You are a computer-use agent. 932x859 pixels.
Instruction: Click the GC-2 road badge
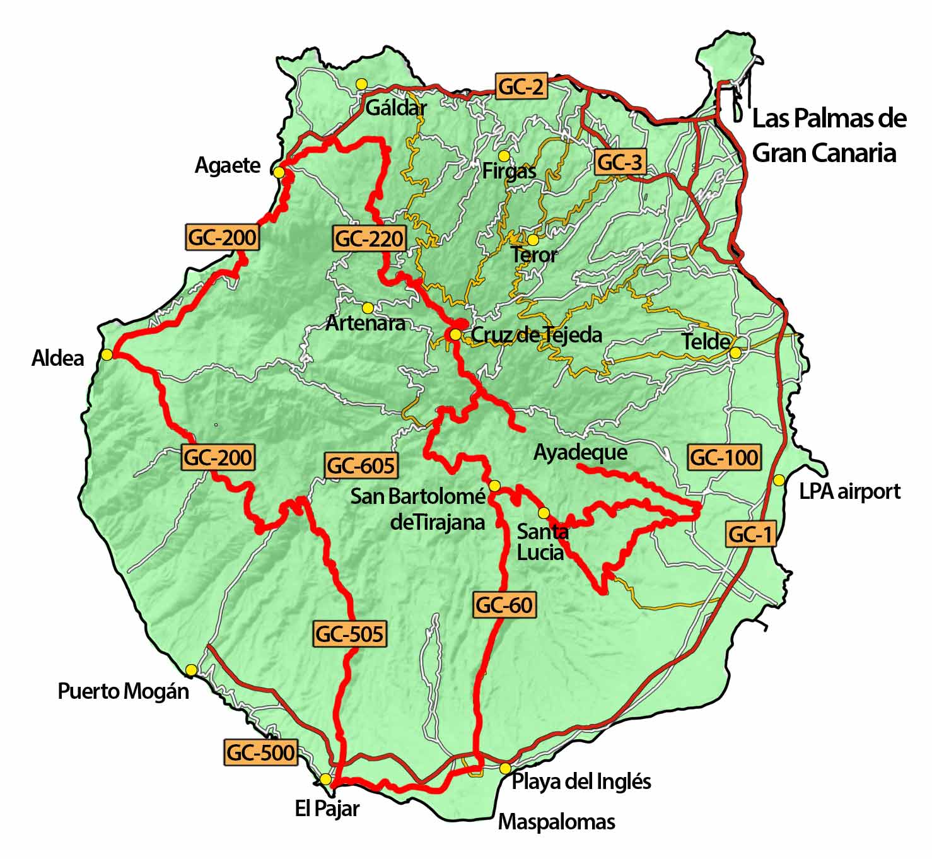pos(521,86)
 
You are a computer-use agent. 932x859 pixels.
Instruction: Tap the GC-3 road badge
pos(620,163)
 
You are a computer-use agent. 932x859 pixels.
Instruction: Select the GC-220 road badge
pos(369,239)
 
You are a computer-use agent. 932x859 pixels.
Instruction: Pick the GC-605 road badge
pos(361,466)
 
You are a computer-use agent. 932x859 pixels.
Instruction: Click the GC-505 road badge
pos(349,633)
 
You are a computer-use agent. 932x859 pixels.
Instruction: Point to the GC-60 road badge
pos(504,605)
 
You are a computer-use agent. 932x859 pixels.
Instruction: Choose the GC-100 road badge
pos(724,457)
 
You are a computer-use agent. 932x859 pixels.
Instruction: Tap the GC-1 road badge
pos(750,535)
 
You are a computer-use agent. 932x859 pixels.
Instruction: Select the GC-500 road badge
pos(260,752)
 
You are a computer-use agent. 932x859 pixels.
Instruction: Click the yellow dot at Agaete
pos(279,172)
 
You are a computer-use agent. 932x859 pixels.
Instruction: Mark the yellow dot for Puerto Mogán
pos(191,669)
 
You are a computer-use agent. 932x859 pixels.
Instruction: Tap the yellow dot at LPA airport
pos(779,480)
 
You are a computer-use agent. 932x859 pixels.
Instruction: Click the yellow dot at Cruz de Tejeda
pos(455,334)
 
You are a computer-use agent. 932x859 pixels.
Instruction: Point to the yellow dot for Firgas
pos(503,155)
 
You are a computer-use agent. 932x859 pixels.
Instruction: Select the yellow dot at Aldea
pos(107,355)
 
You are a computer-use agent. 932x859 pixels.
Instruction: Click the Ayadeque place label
pos(580,452)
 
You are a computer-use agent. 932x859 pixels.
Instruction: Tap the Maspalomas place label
pos(556,822)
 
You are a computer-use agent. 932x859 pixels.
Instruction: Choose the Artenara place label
pos(365,324)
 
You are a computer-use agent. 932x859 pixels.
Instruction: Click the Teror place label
pos(534,255)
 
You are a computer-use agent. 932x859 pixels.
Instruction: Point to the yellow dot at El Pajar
pos(325,779)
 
